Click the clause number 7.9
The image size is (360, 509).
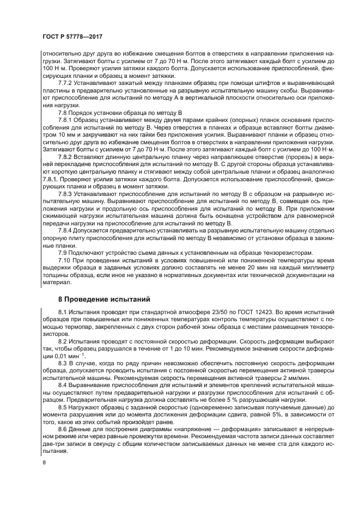pos(63,253)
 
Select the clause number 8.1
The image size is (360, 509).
pos(63,312)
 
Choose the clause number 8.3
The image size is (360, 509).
pos(63,363)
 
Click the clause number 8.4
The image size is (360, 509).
pos(63,385)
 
